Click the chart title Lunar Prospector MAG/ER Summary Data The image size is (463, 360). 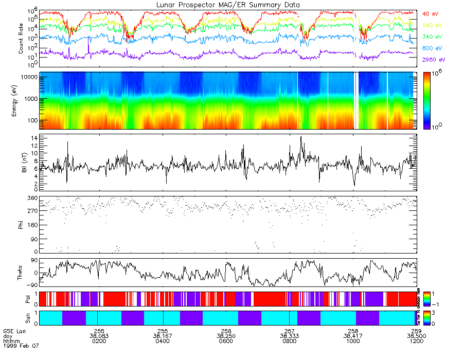228,5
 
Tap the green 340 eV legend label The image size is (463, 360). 431,37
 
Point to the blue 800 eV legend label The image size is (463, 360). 431,48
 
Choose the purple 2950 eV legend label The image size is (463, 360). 433,60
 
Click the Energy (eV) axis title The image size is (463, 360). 21,101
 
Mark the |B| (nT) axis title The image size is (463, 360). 21,162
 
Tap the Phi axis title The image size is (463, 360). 21,224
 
